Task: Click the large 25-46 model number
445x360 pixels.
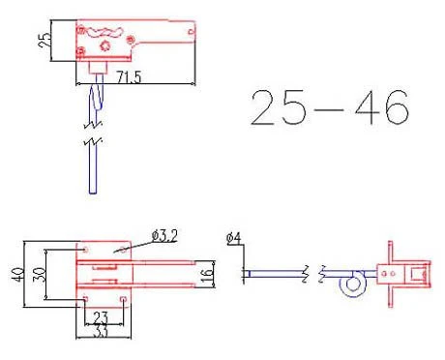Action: (x=330, y=107)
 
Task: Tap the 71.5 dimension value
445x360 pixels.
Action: (x=129, y=77)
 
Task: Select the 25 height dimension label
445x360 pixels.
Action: (x=44, y=40)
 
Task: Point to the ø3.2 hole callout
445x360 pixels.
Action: (x=164, y=236)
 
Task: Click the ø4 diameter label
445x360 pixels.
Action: (x=233, y=238)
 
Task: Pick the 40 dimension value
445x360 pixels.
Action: (x=17, y=275)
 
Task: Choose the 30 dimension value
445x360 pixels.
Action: (x=40, y=275)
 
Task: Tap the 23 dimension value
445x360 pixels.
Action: (x=101, y=317)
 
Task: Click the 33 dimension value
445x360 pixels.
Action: (x=101, y=332)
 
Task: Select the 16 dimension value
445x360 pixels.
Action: (x=207, y=275)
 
